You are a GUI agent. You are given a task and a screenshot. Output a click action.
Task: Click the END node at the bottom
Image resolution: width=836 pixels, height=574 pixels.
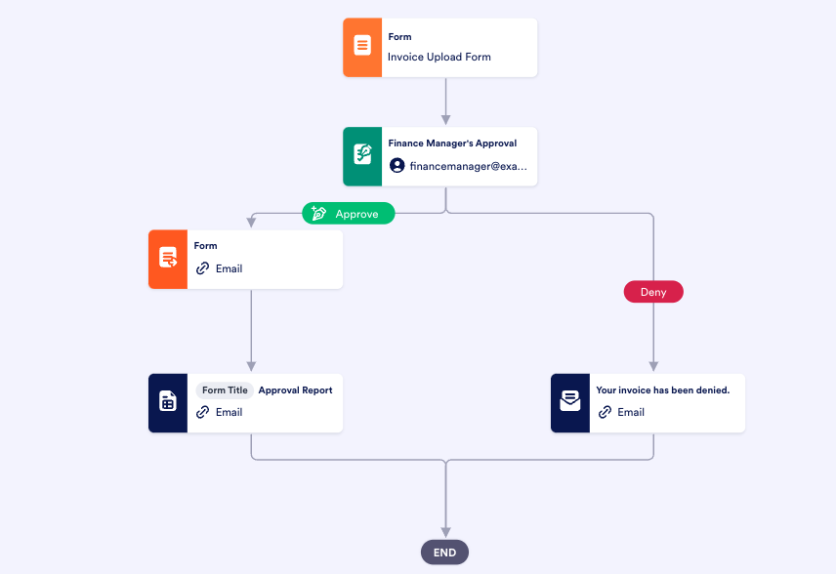coord(445,553)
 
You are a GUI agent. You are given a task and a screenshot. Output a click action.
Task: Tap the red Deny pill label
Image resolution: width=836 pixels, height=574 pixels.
coord(652,292)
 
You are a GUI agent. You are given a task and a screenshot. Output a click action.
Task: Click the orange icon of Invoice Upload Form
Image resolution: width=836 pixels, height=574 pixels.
coord(362,47)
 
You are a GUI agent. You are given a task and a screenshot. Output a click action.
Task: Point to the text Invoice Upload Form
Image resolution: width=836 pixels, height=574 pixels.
coord(439,57)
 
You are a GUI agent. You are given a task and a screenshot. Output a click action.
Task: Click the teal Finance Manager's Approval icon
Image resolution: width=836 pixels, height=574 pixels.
coord(362,156)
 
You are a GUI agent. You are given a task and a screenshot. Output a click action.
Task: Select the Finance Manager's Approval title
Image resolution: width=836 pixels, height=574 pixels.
coord(452,143)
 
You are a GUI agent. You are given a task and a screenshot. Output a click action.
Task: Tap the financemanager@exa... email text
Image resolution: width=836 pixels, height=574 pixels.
coord(468,166)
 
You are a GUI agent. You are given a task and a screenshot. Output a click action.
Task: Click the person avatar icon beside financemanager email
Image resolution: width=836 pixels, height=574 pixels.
coord(397,166)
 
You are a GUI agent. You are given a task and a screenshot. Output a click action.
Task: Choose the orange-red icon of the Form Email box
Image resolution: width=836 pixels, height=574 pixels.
coord(168,259)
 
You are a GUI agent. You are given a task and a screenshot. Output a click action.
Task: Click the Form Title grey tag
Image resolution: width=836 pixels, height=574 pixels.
coord(226,389)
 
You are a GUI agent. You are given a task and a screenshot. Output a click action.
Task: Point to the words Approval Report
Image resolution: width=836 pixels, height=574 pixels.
coord(295,389)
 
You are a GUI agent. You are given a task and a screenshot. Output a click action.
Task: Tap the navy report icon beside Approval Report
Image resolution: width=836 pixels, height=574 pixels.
coord(168,402)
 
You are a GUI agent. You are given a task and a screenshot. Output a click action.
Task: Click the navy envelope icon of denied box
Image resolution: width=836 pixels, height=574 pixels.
coord(570,402)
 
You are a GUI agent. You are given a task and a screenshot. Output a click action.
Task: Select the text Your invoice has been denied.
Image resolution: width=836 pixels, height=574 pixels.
coord(662,389)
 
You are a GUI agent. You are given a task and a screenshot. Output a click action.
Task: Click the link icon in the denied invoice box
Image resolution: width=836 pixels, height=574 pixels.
coord(605,412)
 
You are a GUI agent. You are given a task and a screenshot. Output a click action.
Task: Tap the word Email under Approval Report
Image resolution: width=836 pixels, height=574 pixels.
coord(230,412)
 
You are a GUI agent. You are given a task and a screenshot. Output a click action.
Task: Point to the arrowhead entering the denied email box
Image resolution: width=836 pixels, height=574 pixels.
coord(652,367)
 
